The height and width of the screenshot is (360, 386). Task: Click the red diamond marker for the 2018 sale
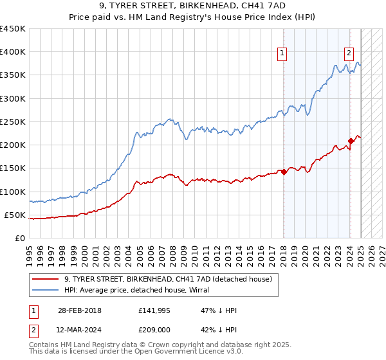pos(284,172)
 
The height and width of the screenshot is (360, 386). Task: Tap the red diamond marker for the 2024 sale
pos(351,141)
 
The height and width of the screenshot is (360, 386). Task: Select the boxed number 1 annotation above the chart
pos(282,54)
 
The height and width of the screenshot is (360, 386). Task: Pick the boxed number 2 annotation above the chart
pos(348,54)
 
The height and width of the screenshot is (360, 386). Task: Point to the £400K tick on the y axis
pos(13,52)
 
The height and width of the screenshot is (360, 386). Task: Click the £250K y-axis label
pos(13,122)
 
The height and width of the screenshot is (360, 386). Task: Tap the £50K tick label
pos(15,215)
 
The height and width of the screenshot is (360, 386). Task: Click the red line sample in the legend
pos(46,280)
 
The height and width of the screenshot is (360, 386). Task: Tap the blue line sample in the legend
pos(46,291)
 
